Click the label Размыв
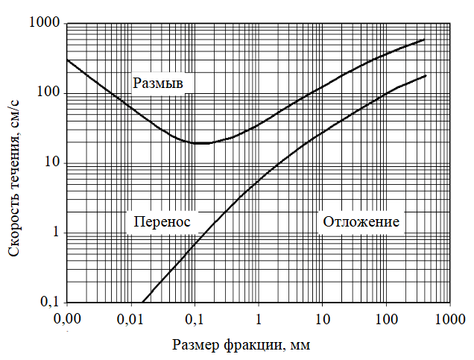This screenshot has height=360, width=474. click(158, 83)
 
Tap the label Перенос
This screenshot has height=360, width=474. click(162, 221)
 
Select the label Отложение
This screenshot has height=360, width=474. click(361, 221)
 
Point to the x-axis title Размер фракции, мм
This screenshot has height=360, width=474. click(240, 344)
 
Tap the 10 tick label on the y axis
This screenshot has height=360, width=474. click(54, 163)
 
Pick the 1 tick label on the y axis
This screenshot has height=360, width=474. click(57, 233)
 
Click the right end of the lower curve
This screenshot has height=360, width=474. click(425, 76)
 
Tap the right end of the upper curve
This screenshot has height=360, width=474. click(424, 40)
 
